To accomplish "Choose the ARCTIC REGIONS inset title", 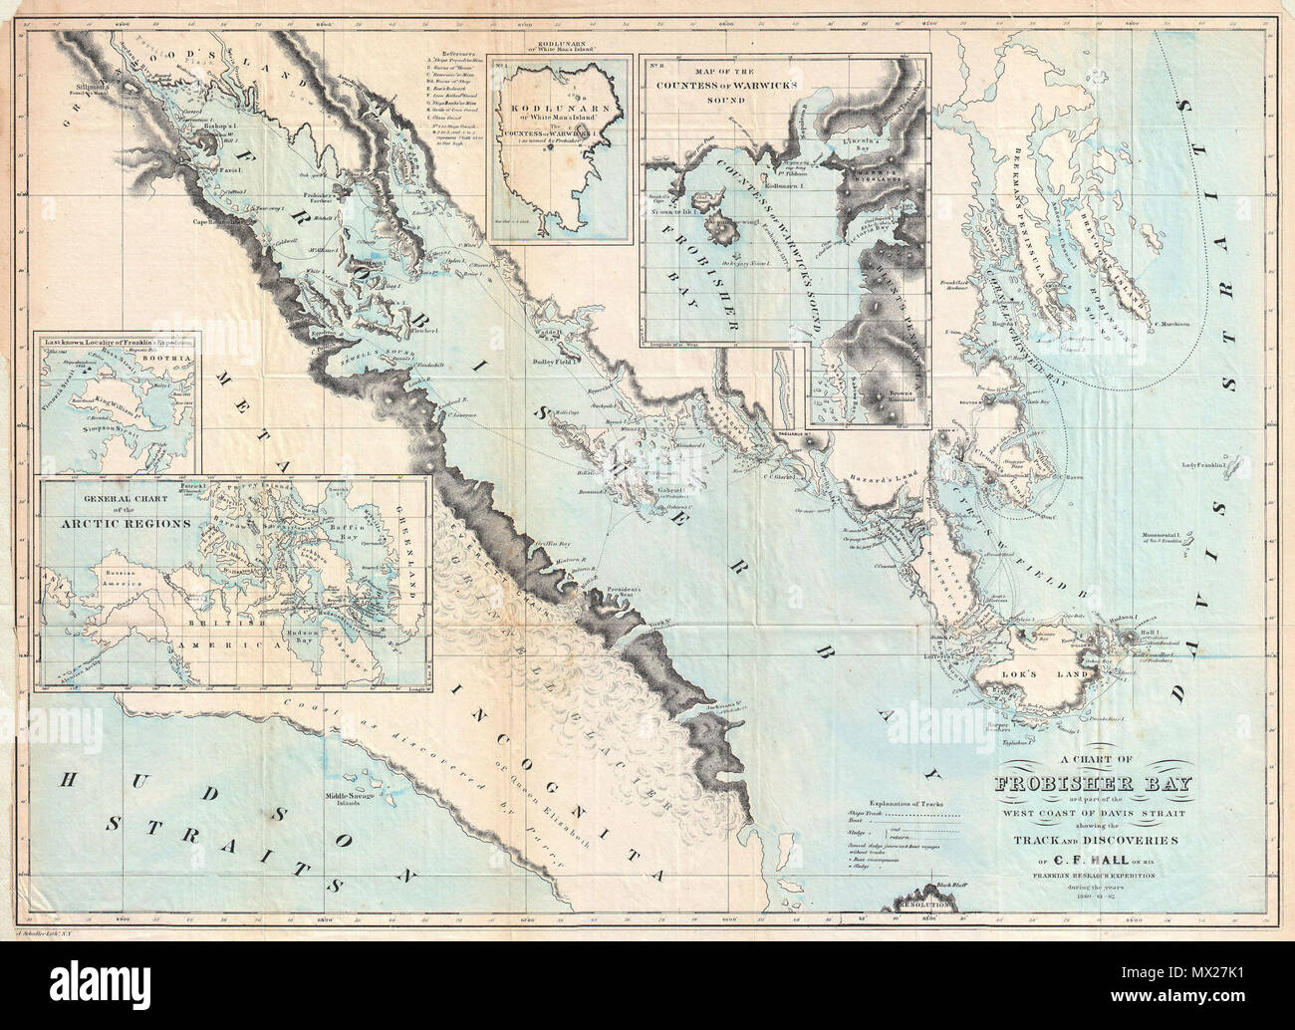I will pos(108,520).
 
